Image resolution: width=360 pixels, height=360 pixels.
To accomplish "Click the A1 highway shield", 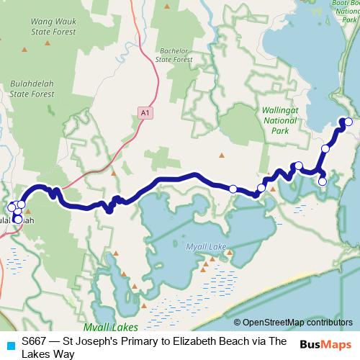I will click(146, 113).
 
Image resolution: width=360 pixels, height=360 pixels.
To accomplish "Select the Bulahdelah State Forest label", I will click(32, 89).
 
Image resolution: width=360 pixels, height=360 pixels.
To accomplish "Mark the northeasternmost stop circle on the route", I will click(348, 122).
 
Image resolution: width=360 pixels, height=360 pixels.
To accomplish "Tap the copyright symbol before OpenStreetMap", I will click(238, 322).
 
